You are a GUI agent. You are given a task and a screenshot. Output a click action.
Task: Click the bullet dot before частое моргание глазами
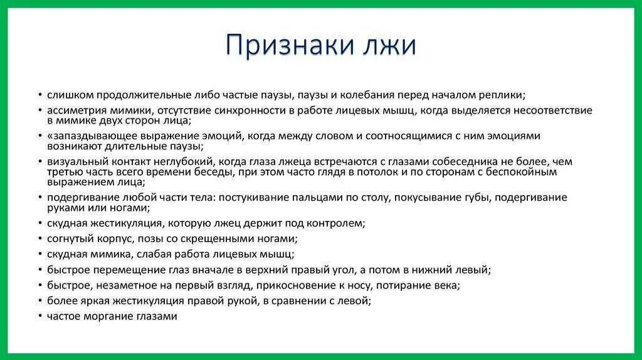40,317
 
